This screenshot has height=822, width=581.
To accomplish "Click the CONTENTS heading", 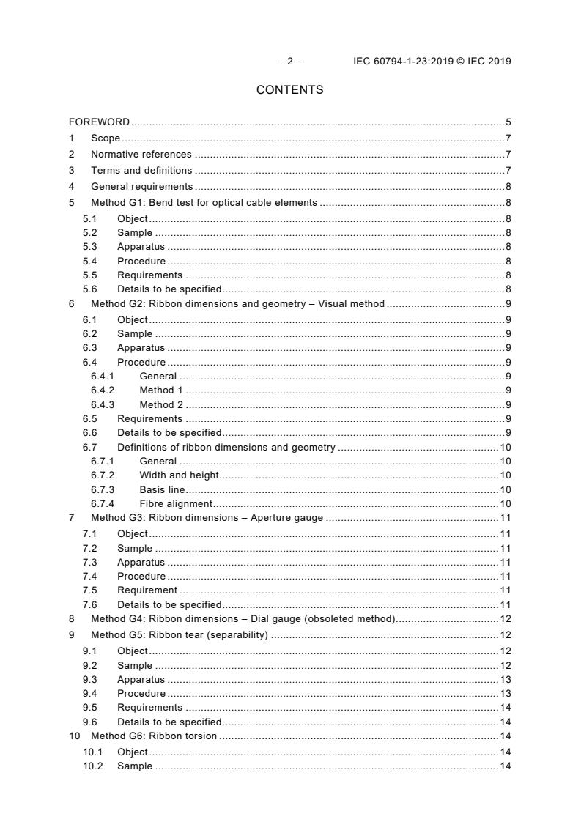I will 289,90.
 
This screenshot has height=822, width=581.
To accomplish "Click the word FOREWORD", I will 99,122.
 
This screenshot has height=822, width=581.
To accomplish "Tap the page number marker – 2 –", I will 289,61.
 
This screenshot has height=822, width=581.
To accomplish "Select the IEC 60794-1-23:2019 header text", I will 432,61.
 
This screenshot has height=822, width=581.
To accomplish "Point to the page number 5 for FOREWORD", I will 508,122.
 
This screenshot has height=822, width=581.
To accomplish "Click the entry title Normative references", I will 141,155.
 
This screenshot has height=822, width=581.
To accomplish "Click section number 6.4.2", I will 103,390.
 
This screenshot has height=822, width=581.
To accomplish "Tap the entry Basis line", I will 162,489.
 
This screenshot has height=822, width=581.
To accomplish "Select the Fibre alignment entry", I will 176,504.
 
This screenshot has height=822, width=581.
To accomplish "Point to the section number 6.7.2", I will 103,475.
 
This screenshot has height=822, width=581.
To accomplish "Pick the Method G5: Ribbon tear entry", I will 179,634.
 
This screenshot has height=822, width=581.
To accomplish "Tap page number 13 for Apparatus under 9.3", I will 506,679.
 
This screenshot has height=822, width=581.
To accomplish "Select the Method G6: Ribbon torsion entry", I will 153,736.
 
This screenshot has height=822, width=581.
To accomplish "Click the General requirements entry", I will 141,187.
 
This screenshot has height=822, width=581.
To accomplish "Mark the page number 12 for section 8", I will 506,619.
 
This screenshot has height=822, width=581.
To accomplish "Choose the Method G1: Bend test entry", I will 204,202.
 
